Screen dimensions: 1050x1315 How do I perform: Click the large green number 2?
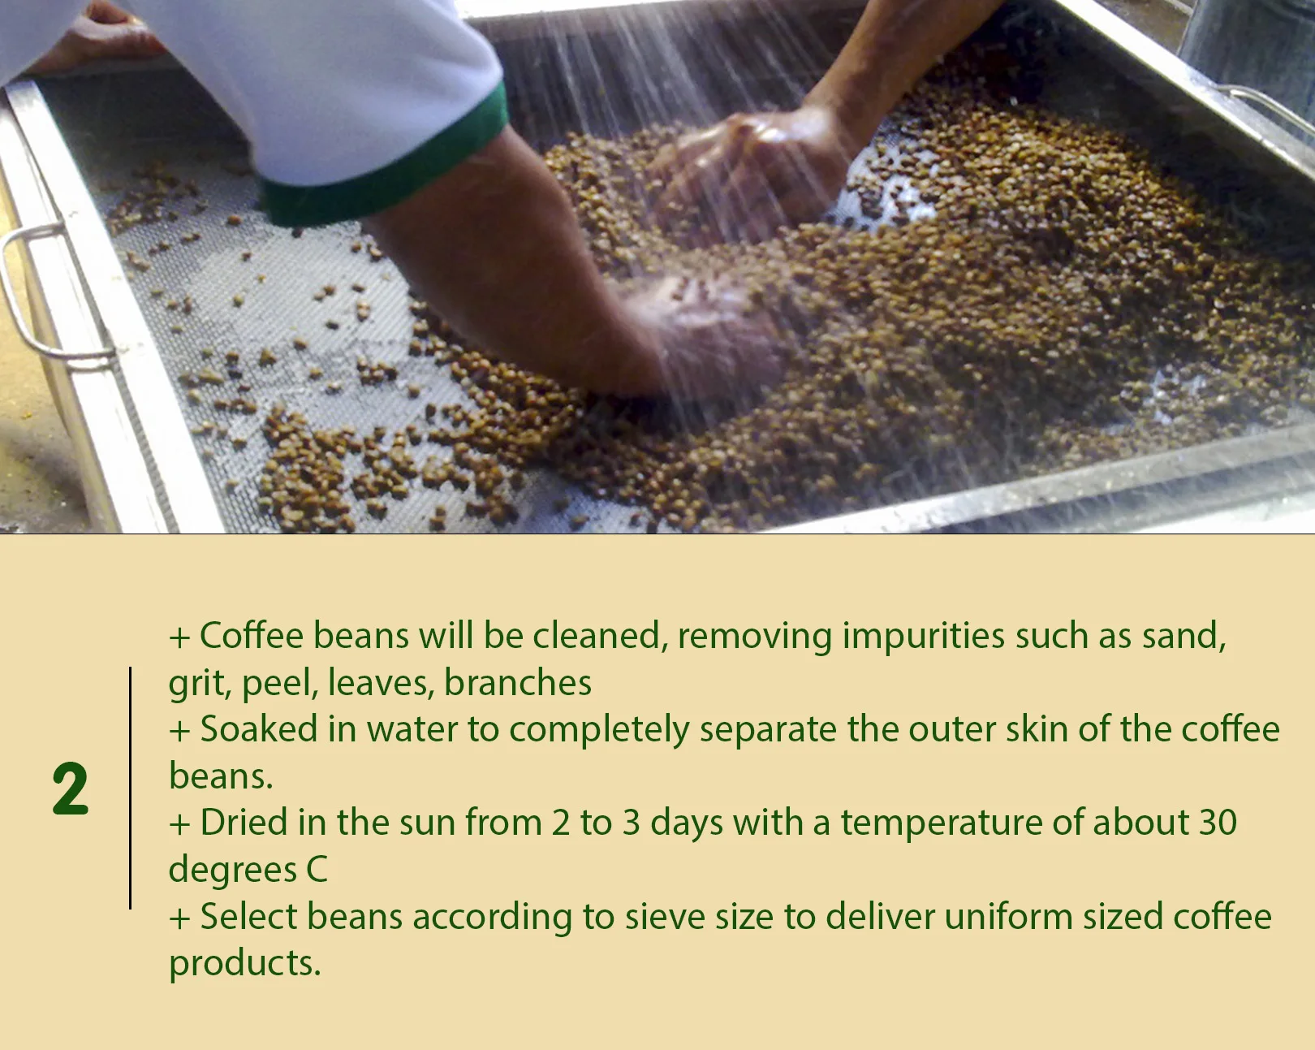click(x=70, y=789)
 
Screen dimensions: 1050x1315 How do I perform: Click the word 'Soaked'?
click(x=258, y=729)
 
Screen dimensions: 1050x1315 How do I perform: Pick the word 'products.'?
click(x=244, y=964)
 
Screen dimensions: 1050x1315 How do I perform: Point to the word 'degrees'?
click(x=232, y=871)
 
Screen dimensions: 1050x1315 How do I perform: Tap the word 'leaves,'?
click(x=381, y=683)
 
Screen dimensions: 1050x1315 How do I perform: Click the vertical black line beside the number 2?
click(x=130, y=788)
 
